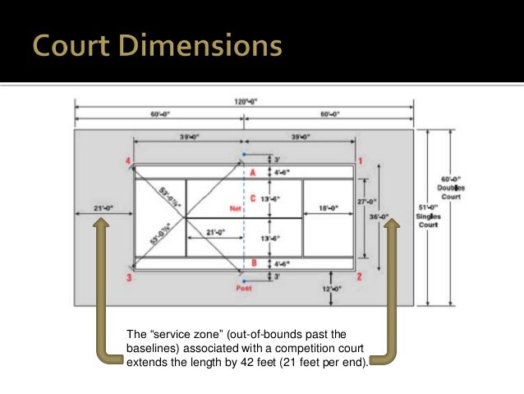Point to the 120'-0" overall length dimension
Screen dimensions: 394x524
(x=244, y=102)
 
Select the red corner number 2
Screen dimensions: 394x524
(x=360, y=276)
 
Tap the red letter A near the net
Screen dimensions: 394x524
(x=253, y=173)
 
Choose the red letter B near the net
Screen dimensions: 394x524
(x=253, y=263)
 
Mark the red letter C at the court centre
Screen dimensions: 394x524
(x=253, y=198)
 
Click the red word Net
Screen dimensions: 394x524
(x=234, y=209)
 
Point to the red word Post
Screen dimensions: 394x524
(x=244, y=289)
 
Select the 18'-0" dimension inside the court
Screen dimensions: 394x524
(x=328, y=208)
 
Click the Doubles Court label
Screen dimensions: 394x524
(x=451, y=187)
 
